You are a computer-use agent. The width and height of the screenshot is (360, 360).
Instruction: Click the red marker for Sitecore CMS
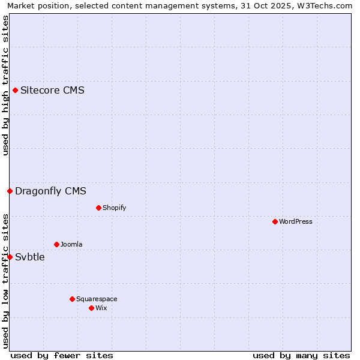[x=16, y=91]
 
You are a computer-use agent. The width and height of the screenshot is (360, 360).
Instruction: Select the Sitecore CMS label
[x=52, y=91]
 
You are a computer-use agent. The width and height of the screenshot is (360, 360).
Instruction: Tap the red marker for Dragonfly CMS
[x=10, y=191]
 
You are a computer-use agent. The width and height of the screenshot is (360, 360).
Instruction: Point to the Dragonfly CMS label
[x=50, y=191]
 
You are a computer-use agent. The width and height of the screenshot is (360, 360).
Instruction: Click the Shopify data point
[x=98, y=208]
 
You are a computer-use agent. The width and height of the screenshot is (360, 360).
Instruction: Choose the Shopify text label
[x=114, y=208]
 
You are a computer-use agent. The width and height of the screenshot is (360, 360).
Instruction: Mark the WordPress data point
[x=275, y=222]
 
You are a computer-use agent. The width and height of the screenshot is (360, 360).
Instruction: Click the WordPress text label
[x=295, y=222]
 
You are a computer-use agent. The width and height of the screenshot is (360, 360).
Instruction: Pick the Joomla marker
[x=57, y=245]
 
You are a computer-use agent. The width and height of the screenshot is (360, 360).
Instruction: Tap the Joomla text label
[x=71, y=245]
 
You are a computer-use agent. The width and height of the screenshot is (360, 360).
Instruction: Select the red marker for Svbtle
[x=10, y=257]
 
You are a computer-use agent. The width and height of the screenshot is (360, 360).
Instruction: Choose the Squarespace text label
[x=97, y=299]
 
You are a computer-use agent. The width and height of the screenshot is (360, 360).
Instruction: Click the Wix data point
[x=91, y=308]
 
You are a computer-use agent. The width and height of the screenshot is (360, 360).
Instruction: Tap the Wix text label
[x=101, y=308]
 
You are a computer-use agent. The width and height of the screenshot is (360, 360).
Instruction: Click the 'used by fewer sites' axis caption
[x=62, y=355]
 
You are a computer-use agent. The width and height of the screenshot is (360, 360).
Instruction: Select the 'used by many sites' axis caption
[x=301, y=355]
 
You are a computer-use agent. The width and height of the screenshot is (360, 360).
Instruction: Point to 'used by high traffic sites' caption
[x=5, y=85]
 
